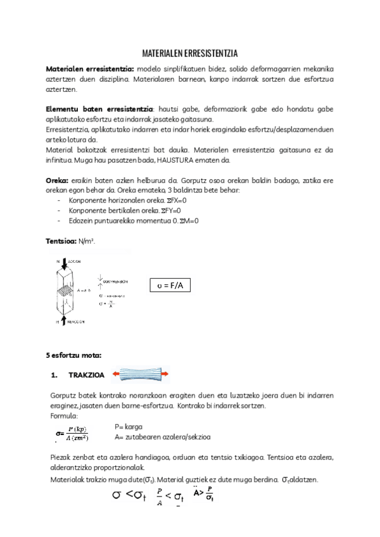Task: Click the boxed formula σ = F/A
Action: click(170, 286)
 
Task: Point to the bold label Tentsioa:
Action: click(60, 241)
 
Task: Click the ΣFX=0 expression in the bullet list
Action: click(177, 200)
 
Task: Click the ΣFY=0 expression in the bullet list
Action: click(169, 210)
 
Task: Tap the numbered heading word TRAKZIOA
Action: click(87, 375)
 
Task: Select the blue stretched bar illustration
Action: click(141, 375)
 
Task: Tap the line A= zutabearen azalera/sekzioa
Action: click(163, 436)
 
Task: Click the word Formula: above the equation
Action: click(64, 416)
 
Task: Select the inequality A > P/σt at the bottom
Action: click(199, 494)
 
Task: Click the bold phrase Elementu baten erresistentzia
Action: click(100, 110)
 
